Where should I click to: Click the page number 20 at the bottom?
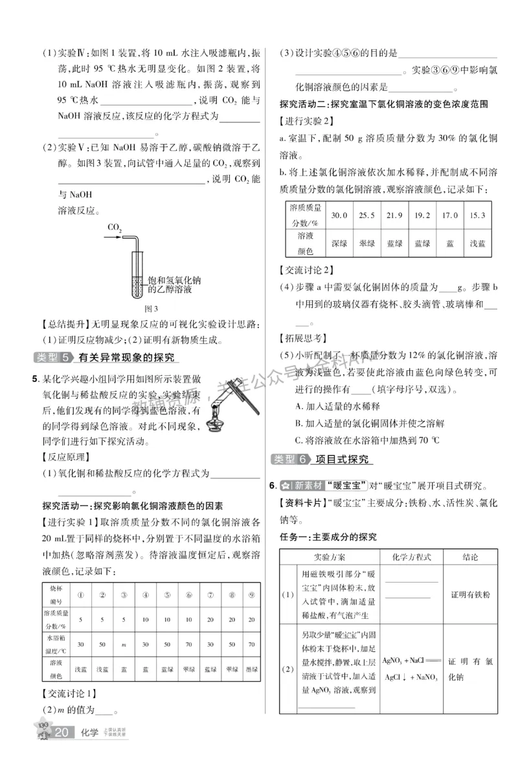click(62, 733)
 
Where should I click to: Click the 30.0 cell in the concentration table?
click(339, 215)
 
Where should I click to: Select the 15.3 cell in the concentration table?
click(478, 215)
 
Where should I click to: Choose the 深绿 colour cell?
click(339, 244)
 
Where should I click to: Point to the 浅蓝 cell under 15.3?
click(478, 244)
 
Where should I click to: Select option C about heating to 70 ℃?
click(366, 440)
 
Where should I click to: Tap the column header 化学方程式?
click(412, 557)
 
